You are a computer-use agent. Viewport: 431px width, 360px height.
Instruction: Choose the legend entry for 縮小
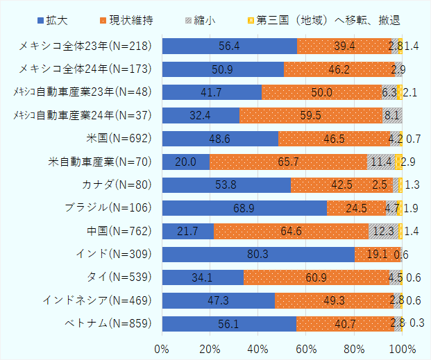(x=201, y=19)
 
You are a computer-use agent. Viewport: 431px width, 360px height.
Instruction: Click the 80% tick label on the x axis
(x=355, y=347)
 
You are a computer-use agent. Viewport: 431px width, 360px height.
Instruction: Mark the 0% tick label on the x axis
(x=162, y=347)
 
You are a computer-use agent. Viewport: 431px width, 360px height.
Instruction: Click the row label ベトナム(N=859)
(x=110, y=323)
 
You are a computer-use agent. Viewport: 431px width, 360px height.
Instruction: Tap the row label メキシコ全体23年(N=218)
(x=86, y=46)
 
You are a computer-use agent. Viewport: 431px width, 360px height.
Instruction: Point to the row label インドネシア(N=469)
(x=101, y=300)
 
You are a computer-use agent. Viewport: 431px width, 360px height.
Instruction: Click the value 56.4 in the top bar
(x=229, y=46)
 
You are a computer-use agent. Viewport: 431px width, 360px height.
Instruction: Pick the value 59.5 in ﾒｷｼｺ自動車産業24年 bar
(x=311, y=115)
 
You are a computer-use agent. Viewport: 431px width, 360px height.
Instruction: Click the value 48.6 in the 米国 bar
(x=220, y=139)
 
